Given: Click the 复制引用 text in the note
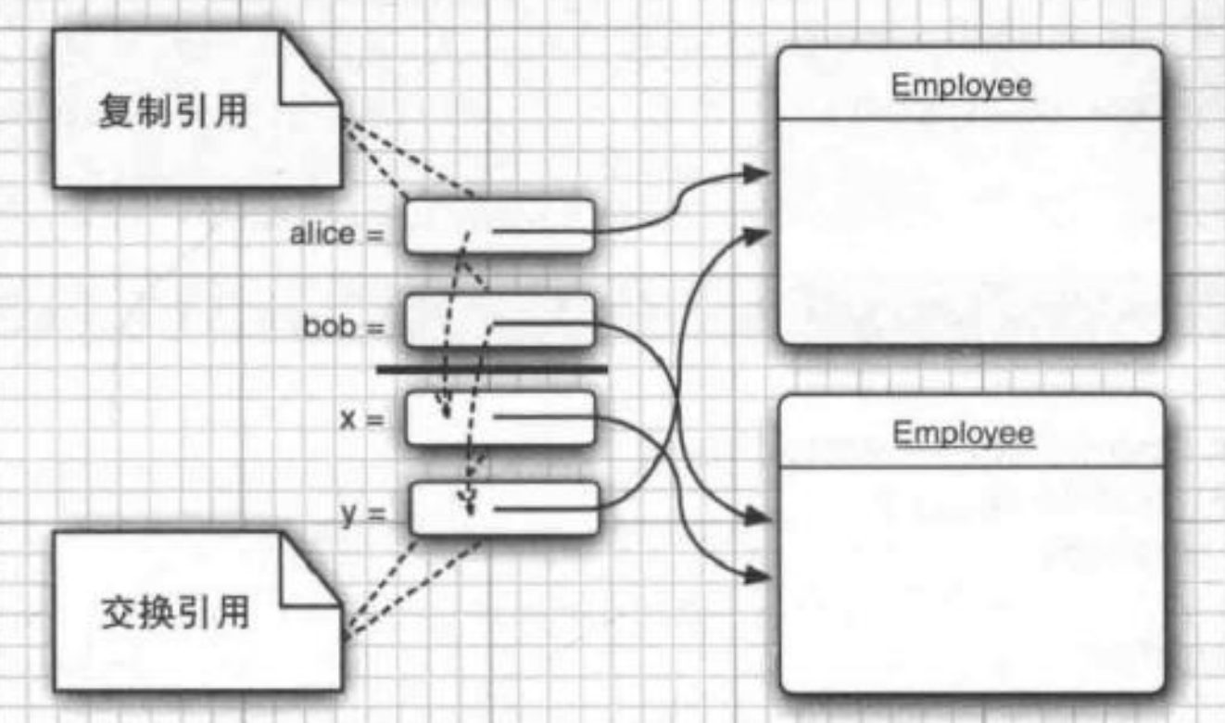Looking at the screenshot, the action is (x=172, y=113).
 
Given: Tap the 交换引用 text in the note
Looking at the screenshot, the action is (x=173, y=614).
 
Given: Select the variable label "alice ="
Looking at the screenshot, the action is (x=335, y=234).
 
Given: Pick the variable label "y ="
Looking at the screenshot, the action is (x=362, y=513).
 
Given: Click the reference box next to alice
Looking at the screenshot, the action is (x=499, y=227).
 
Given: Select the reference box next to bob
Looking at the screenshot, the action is (x=499, y=321).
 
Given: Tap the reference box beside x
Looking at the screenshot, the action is (x=501, y=417).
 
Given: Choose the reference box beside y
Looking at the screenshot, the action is (x=503, y=509).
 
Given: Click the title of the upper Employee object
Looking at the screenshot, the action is (x=961, y=86).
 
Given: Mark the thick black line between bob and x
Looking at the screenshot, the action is (x=491, y=370).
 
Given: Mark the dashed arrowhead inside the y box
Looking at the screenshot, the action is (x=470, y=502).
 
